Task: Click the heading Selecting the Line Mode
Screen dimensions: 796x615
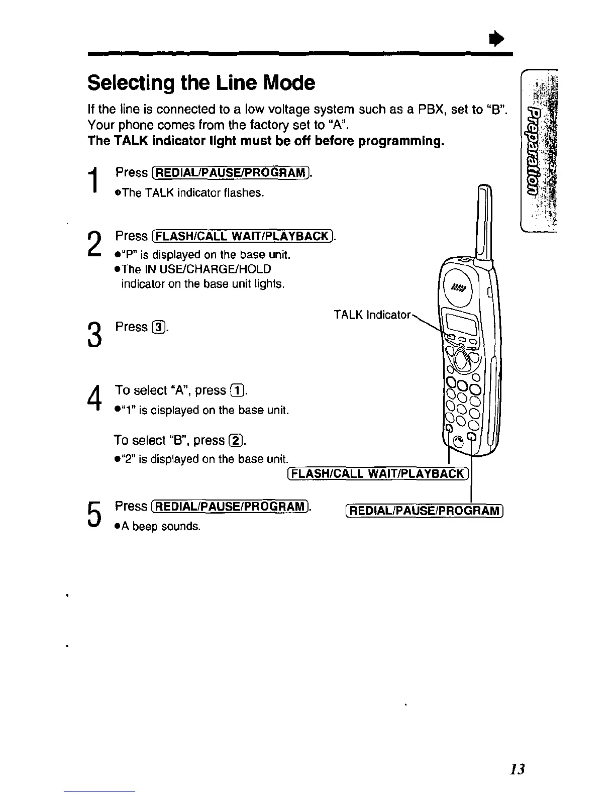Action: coord(201,83)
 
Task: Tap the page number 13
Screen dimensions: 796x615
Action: coord(516,769)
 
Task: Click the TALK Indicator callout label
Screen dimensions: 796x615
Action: coord(372,315)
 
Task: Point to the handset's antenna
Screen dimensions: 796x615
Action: coord(485,221)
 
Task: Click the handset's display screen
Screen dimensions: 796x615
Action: coord(461,323)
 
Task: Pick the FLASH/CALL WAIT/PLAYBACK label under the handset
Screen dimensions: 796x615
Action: coord(378,473)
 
